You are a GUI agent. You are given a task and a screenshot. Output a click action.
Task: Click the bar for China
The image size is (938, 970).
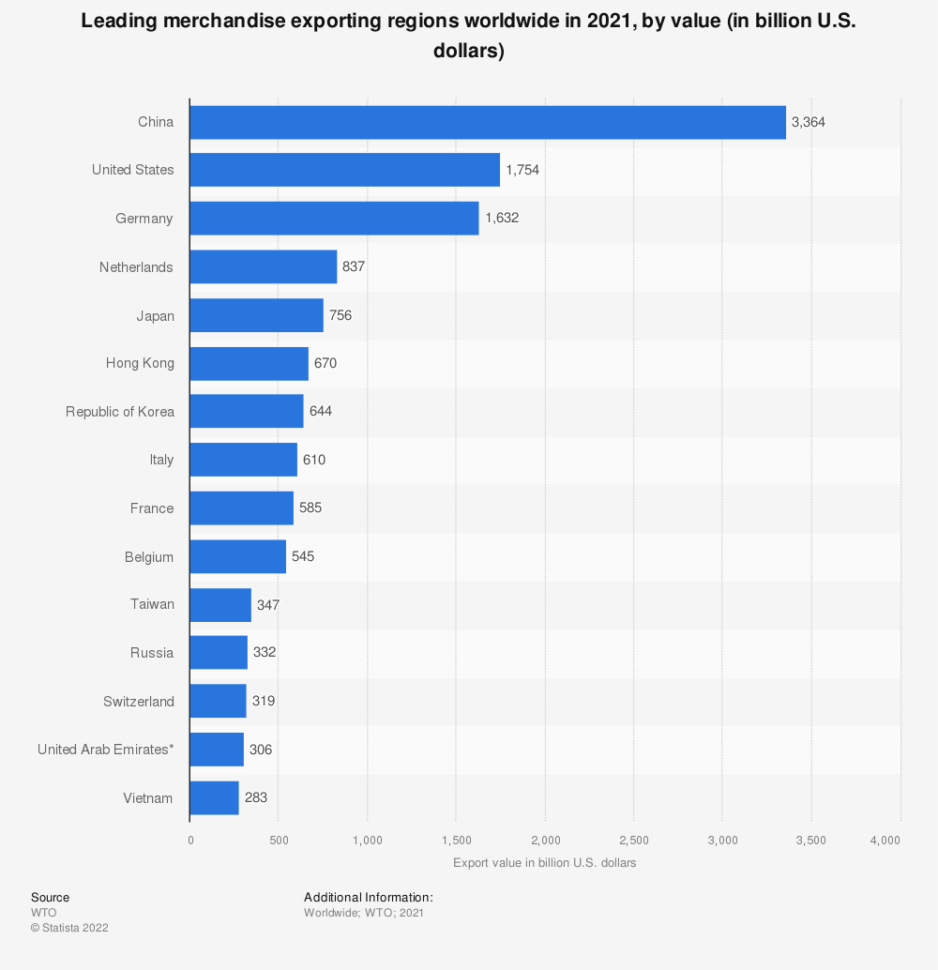[488, 122]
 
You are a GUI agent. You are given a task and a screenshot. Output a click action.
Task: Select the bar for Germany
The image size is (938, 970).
[334, 219]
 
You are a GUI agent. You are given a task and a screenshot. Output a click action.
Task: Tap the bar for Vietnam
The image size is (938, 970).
[214, 798]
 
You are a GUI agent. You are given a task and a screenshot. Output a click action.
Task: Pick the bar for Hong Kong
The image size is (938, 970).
[249, 363]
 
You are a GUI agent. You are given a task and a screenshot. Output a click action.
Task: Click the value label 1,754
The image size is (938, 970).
[522, 170]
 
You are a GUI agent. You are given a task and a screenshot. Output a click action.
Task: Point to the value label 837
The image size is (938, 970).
[354, 267]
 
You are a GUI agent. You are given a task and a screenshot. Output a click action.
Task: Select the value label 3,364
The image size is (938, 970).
[809, 122]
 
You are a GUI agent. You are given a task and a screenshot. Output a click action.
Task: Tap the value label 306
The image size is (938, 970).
[261, 750]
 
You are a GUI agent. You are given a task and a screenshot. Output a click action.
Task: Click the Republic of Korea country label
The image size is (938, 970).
[120, 412]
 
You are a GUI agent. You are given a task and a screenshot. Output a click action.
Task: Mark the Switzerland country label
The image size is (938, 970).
[139, 702]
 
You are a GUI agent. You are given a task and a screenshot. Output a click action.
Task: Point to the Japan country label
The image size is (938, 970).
[156, 316]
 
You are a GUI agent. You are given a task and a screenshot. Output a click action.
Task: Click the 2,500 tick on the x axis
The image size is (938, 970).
[634, 840]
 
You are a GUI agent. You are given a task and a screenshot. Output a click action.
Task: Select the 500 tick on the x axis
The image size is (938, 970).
[279, 840]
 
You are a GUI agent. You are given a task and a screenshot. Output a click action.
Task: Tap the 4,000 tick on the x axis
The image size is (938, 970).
[885, 840]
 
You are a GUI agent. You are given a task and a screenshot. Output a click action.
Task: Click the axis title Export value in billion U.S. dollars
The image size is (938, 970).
[544, 863]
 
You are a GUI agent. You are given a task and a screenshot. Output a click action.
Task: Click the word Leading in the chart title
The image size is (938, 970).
[117, 22]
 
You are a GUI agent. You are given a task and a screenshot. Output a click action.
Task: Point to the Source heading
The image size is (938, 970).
[50, 898]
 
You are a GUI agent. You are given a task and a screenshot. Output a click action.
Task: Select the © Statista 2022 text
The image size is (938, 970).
[69, 928]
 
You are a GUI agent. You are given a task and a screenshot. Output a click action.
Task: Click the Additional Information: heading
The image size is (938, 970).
[369, 898]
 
